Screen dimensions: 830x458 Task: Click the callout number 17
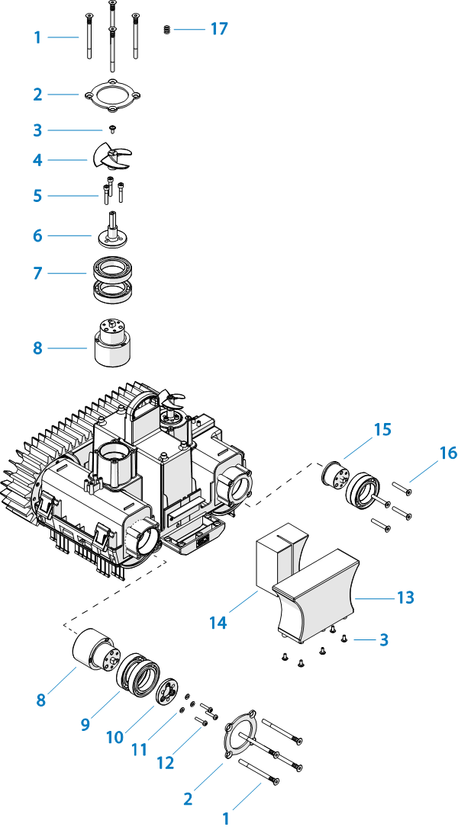(219, 29)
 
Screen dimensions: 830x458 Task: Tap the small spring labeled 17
(166, 30)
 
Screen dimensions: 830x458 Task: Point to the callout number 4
(37, 160)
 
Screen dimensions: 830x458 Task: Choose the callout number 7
(37, 271)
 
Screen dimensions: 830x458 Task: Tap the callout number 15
(382, 430)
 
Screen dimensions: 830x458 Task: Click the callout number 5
(37, 196)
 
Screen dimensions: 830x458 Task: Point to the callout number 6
(37, 236)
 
